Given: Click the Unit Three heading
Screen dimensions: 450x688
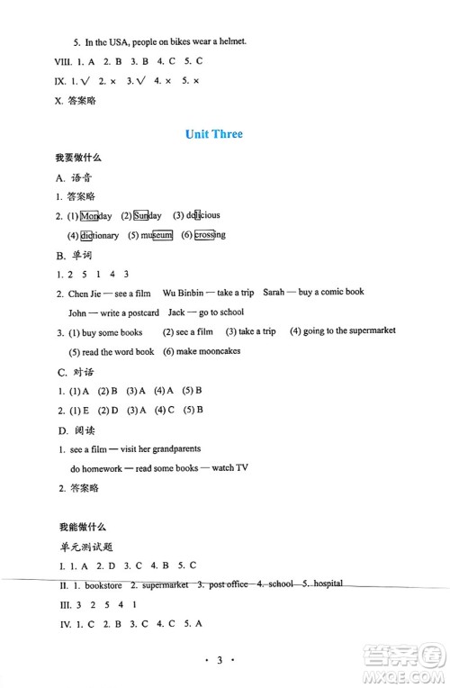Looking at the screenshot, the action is click(213, 134).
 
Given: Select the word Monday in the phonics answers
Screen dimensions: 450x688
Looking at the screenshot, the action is click(96, 216).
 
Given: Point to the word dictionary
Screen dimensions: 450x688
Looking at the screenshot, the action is click(98, 236).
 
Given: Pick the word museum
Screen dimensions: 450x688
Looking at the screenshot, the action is click(156, 236).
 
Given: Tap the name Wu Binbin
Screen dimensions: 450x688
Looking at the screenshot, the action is click(184, 293).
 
